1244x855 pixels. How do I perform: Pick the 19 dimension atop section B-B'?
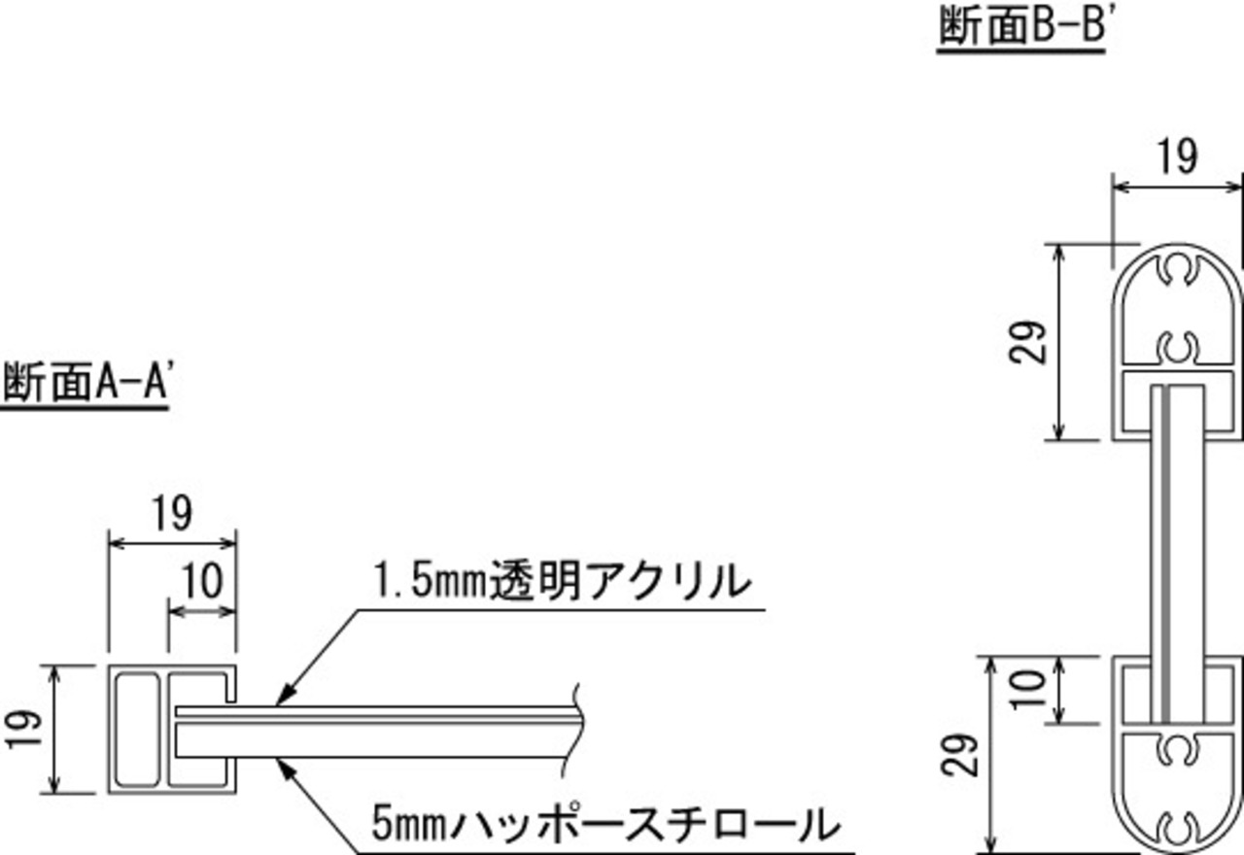pos(1177,156)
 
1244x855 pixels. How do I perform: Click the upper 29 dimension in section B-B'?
pos(1032,342)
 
